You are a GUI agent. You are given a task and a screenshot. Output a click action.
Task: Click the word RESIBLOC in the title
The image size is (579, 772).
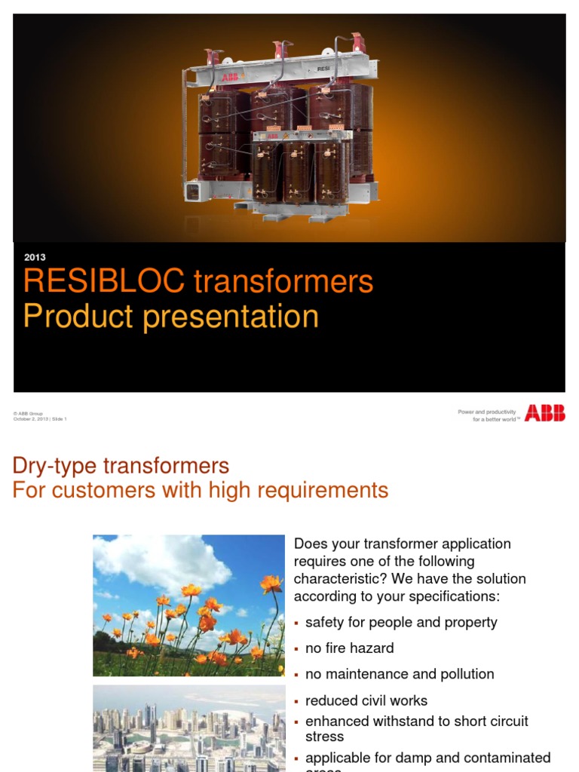click(x=103, y=281)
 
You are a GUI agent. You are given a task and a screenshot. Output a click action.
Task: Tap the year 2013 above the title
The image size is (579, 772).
click(x=35, y=257)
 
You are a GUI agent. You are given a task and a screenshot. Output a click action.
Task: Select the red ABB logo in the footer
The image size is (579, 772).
click(x=544, y=413)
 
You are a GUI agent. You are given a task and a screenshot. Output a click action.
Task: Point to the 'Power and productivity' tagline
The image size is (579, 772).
click(x=487, y=412)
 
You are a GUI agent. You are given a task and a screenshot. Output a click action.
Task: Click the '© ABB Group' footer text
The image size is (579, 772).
click(x=28, y=413)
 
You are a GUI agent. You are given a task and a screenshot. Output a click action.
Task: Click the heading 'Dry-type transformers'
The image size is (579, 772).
click(x=121, y=465)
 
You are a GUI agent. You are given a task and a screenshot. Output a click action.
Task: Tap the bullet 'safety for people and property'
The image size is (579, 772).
click(x=401, y=622)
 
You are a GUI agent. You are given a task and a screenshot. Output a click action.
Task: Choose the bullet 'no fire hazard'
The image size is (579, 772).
click(x=349, y=648)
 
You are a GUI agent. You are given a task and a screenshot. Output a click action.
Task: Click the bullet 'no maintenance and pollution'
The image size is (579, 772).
click(x=400, y=674)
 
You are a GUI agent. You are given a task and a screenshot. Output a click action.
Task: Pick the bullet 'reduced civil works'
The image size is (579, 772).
click(x=366, y=700)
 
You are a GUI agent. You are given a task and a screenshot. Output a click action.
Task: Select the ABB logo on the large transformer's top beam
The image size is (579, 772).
click(x=227, y=78)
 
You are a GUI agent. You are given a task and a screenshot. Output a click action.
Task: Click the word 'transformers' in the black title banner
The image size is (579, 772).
click(x=283, y=281)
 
